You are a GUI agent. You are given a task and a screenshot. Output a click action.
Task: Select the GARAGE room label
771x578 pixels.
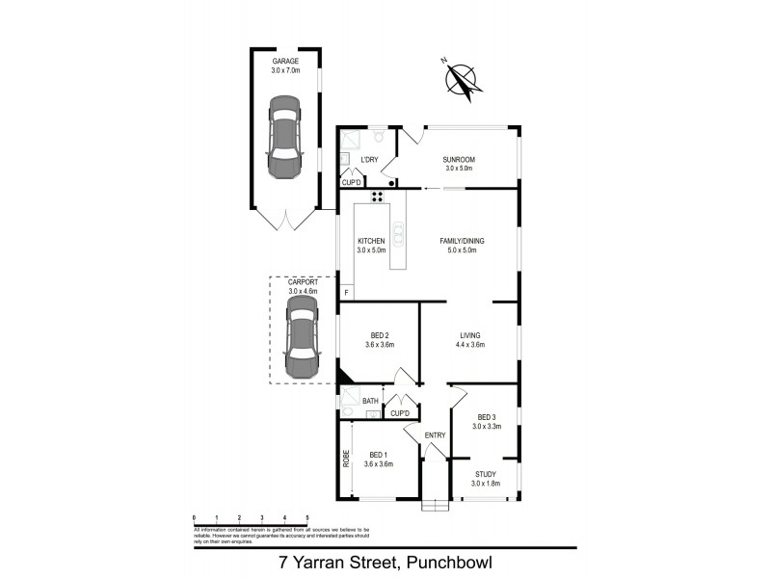285,61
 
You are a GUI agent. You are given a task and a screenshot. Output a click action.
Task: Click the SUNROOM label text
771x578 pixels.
460,160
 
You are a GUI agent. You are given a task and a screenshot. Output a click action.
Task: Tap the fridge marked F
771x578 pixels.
346,290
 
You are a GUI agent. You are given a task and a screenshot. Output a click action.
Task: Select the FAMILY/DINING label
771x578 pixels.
460,240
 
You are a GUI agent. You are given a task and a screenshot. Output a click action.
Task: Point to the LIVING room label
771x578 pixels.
470,335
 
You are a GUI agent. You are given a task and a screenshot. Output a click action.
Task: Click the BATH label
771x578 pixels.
370,401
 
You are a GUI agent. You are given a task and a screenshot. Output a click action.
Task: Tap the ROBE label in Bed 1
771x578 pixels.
345,460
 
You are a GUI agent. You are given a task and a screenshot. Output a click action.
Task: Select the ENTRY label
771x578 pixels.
436,435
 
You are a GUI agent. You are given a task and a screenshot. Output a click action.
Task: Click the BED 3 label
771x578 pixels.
486,417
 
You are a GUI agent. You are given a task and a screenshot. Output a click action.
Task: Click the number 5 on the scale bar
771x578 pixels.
307,517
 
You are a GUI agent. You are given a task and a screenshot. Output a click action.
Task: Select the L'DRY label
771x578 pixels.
368,160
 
